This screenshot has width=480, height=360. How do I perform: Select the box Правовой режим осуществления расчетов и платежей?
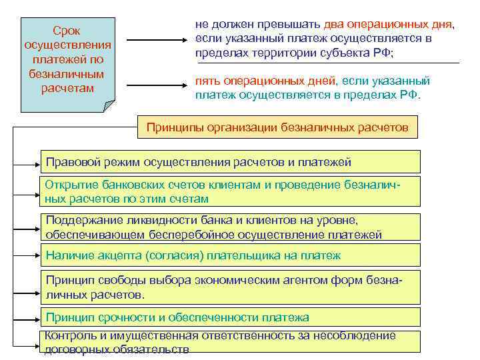tap(230, 162)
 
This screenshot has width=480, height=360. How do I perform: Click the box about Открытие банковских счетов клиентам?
tap(230, 192)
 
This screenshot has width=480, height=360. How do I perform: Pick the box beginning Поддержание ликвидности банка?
tap(230, 228)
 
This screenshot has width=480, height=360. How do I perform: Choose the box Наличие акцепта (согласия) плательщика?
tap(230, 255)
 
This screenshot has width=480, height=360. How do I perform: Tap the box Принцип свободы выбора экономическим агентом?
tap(230, 287)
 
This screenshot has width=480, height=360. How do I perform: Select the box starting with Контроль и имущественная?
tap(230, 342)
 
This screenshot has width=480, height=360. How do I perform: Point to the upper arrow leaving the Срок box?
tap(153, 40)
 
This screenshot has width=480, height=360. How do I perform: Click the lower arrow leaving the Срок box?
tap(153, 85)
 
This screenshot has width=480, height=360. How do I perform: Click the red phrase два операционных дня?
tap(387, 25)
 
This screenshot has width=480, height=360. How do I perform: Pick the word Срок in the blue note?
tap(67, 31)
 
